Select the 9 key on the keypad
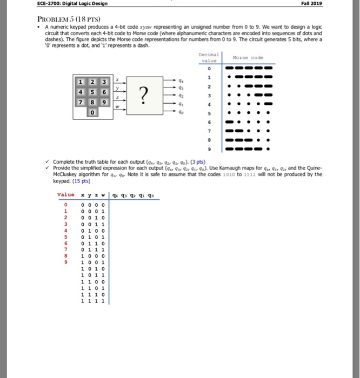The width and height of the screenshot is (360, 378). pyautogui.click(x=101, y=102)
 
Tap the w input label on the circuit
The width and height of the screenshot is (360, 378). pyautogui.click(x=117, y=106)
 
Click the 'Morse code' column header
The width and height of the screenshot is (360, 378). pyautogui.click(x=248, y=58)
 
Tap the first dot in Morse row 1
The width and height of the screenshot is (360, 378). pyautogui.click(x=230, y=77)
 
